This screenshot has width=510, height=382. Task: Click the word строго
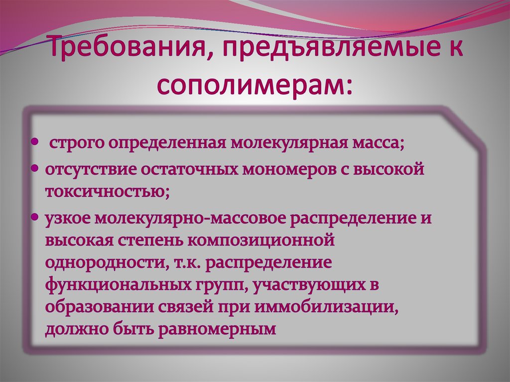77,144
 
